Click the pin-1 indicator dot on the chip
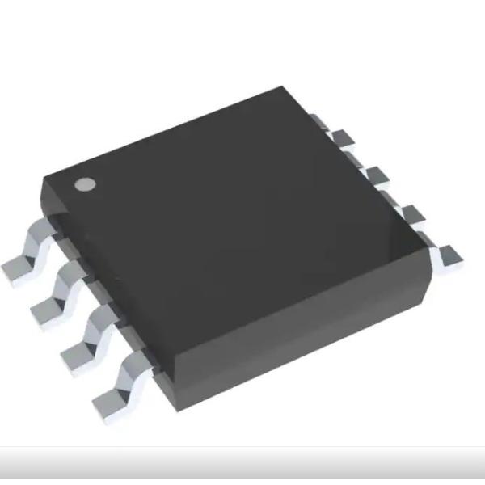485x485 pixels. click(x=83, y=183)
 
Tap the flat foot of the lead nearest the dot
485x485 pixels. click(x=18, y=267)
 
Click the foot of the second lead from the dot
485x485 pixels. click(x=48, y=309)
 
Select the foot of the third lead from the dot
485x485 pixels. click(x=77, y=353)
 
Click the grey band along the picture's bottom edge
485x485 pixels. click(x=242, y=465)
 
